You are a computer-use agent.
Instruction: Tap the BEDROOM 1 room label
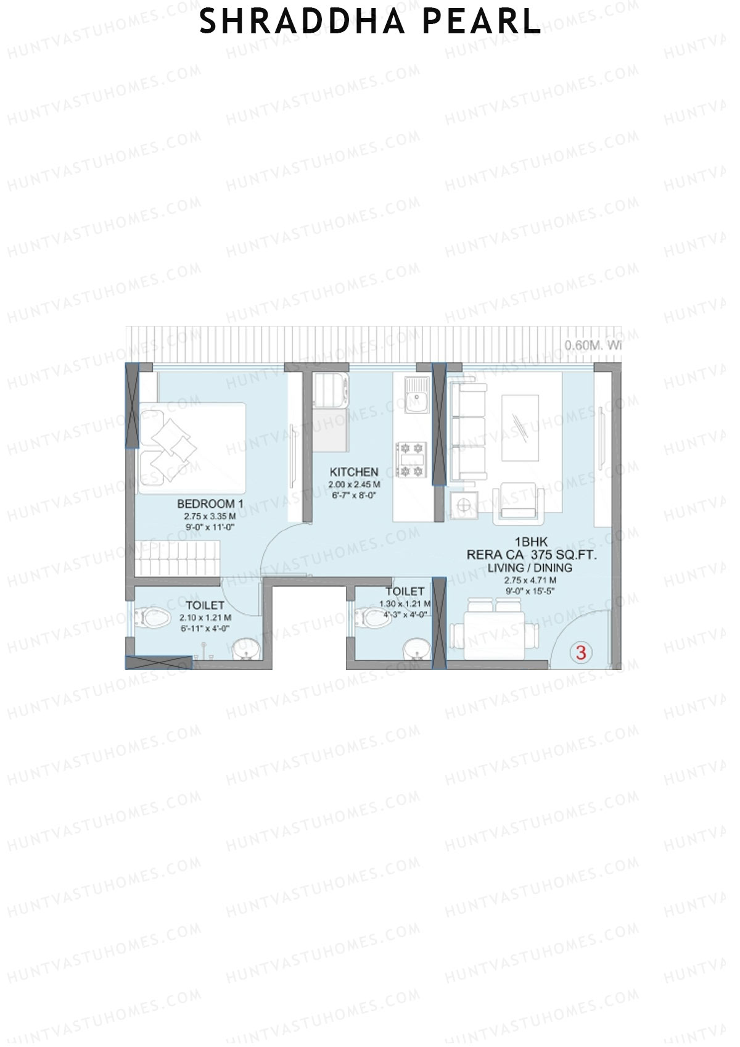click(210, 504)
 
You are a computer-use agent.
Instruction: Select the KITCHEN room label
click(354, 472)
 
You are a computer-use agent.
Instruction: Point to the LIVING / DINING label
click(530, 568)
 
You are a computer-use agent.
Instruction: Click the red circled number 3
click(581, 652)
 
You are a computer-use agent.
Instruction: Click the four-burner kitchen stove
click(411, 459)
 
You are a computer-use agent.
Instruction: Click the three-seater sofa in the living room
click(467, 431)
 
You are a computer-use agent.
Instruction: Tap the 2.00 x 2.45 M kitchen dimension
click(354, 485)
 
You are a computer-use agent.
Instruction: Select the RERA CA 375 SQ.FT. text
click(531, 555)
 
